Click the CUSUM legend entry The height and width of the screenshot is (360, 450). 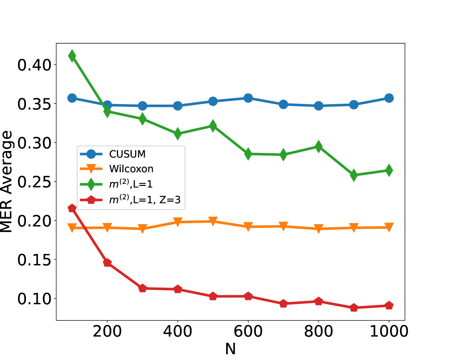pyautogui.click(x=127, y=154)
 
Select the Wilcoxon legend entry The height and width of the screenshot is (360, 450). pyautogui.click(x=131, y=169)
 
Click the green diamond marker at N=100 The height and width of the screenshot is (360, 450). pyautogui.click(x=72, y=56)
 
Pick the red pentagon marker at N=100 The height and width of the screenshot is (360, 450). pyautogui.click(x=72, y=208)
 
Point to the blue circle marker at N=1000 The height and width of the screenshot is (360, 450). pyautogui.click(x=389, y=98)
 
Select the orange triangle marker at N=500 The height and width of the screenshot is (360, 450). pyautogui.click(x=213, y=221)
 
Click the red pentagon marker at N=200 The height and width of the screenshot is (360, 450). pyautogui.click(x=107, y=263)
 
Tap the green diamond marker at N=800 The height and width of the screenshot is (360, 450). pyautogui.click(x=318, y=146)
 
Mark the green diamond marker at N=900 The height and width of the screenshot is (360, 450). pyautogui.click(x=354, y=175)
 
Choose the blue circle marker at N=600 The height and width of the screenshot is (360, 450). pyautogui.click(x=248, y=98)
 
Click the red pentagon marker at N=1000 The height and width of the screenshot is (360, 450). pyautogui.click(x=389, y=306)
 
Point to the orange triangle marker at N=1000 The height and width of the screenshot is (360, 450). pyautogui.click(x=389, y=227)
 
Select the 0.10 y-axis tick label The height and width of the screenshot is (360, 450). pyautogui.click(x=34, y=298)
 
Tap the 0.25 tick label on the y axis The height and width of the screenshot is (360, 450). pyautogui.click(x=34, y=182)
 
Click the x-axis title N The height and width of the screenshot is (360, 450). pyautogui.click(x=230, y=349)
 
